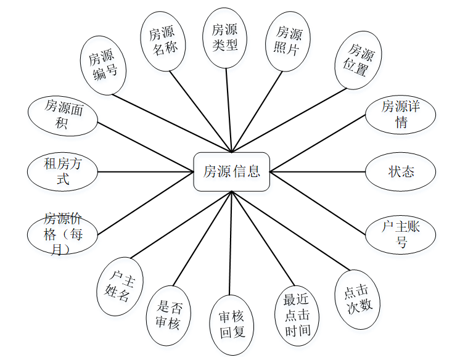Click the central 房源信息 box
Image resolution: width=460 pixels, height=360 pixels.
231,171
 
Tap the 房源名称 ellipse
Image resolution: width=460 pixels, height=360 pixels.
163,41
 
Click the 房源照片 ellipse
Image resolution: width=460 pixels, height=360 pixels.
288,41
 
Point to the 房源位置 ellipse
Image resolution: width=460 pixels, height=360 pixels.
358,60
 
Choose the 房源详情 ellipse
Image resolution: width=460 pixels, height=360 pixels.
401,114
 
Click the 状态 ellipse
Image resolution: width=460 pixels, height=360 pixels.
401,171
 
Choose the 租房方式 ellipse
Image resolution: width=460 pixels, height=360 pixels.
63,171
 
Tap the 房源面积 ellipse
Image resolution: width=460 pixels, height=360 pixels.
63,115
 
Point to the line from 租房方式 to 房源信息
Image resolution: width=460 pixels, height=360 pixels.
146,171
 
